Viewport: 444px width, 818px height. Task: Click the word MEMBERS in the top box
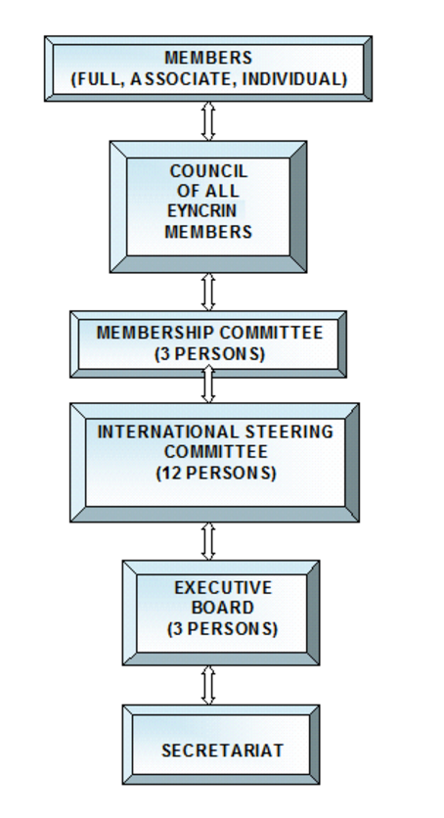[x=208, y=58]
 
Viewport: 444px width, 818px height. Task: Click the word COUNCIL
[x=208, y=171]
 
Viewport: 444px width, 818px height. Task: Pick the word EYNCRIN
[x=202, y=210]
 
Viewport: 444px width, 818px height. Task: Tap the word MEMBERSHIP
[x=155, y=333]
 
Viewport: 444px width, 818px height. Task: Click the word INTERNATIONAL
[x=168, y=432]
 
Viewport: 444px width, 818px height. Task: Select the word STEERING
[x=289, y=432]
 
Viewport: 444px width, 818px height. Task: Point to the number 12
[x=170, y=473]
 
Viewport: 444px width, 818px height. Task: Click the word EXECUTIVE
[x=223, y=588]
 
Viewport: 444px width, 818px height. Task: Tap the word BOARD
[x=223, y=608]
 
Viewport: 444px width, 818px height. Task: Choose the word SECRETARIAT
[x=223, y=750]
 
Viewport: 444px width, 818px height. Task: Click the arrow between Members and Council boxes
[x=208, y=121]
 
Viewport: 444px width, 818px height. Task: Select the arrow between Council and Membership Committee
[x=208, y=293]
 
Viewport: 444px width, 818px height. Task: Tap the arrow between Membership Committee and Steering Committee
[x=208, y=384]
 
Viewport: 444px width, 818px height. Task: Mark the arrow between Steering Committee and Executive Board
[x=208, y=541]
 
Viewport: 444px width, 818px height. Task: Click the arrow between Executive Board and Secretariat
[x=208, y=686]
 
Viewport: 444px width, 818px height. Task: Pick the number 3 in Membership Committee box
[x=164, y=353]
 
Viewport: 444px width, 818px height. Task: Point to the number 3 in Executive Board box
[x=177, y=629]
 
